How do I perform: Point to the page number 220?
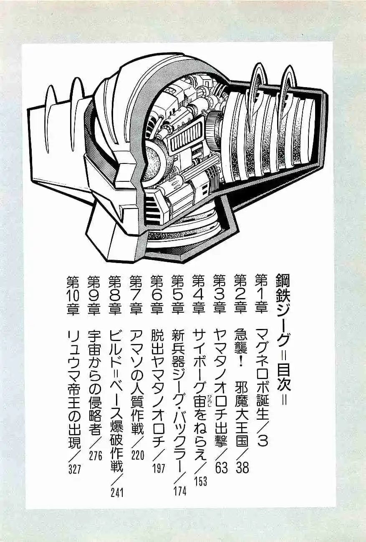138,455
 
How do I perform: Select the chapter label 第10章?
73,294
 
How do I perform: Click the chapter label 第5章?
178,294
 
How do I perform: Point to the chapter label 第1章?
261,294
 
